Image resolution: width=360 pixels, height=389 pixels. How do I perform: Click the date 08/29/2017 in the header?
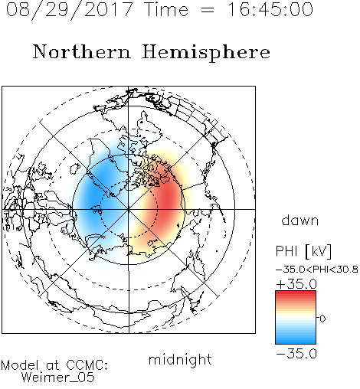(70, 10)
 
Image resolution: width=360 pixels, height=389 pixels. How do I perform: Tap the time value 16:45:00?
(270, 10)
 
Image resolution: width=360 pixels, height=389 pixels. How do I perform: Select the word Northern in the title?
(82, 51)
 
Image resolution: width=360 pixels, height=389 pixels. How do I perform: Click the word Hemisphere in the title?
(206, 53)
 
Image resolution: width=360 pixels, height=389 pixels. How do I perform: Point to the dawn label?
(300, 221)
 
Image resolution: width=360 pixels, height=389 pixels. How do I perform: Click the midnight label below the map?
(180, 359)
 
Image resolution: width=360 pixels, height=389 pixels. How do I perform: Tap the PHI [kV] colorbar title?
(303, 251)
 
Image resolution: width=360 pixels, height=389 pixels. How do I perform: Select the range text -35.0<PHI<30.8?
(317, 270)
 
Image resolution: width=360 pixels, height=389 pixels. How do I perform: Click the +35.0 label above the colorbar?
(296, 284)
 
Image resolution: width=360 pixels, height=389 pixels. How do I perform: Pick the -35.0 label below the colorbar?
(296, 354)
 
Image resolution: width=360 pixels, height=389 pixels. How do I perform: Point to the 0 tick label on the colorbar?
(322, 319)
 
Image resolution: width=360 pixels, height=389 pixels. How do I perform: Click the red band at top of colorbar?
(296, 294)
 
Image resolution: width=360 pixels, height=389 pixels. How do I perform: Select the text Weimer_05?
(58, 378)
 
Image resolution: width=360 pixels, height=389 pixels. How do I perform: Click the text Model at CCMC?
(54, 365)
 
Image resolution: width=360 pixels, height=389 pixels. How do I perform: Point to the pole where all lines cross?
(129, 209)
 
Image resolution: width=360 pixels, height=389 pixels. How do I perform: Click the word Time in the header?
(166, 10)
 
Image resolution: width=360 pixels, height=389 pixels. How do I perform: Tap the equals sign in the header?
(208, 11)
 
